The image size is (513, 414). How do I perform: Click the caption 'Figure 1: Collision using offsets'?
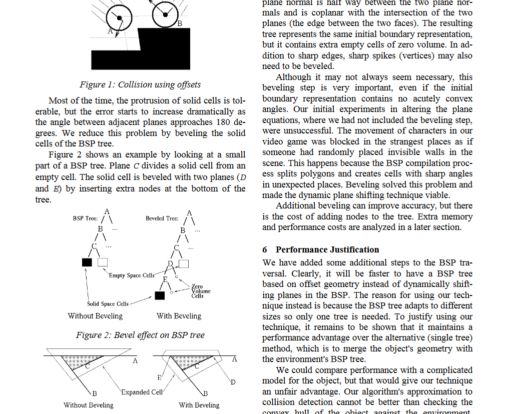(140, 84)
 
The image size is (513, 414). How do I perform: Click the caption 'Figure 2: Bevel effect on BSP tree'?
(140, 335)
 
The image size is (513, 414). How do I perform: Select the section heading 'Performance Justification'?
(327, 249)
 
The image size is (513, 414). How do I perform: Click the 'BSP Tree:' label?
(85, 218)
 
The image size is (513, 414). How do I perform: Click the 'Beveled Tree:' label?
(162, 218)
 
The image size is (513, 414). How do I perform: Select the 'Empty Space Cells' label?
(132, 275)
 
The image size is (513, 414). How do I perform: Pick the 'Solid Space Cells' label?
(108, 303)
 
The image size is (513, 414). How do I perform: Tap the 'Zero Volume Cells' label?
(201, 291)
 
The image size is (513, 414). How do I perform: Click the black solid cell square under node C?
(87, 262)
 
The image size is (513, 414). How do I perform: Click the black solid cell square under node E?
(160, 295)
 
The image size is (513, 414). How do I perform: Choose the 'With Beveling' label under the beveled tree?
(179, 316)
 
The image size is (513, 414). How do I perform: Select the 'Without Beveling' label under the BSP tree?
(95, 316)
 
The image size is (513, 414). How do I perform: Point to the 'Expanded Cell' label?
(142, 392)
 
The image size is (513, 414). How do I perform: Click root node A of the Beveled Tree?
(189, 213)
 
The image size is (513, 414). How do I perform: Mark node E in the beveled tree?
(165, 279)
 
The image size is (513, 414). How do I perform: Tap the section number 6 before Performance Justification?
(265, 249)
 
